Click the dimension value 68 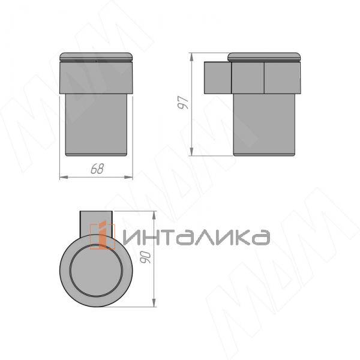click(97, 169)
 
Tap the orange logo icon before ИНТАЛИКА click(103, 236)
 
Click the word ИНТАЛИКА click(196, 237)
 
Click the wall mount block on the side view click(217, 77)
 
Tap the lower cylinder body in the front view click(97, 123)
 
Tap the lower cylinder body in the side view click(264, 123)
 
